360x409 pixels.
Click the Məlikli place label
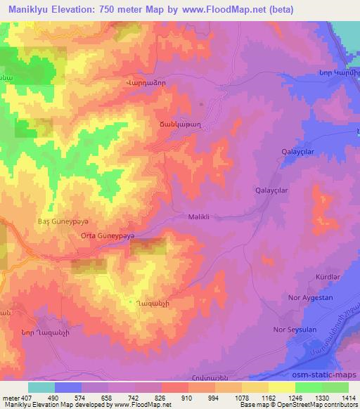(x=202, y=218)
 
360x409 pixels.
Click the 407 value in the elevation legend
(x=25, y=398)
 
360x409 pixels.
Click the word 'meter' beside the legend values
(x=9, y=398)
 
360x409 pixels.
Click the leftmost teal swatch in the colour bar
(x=41, y=387)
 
